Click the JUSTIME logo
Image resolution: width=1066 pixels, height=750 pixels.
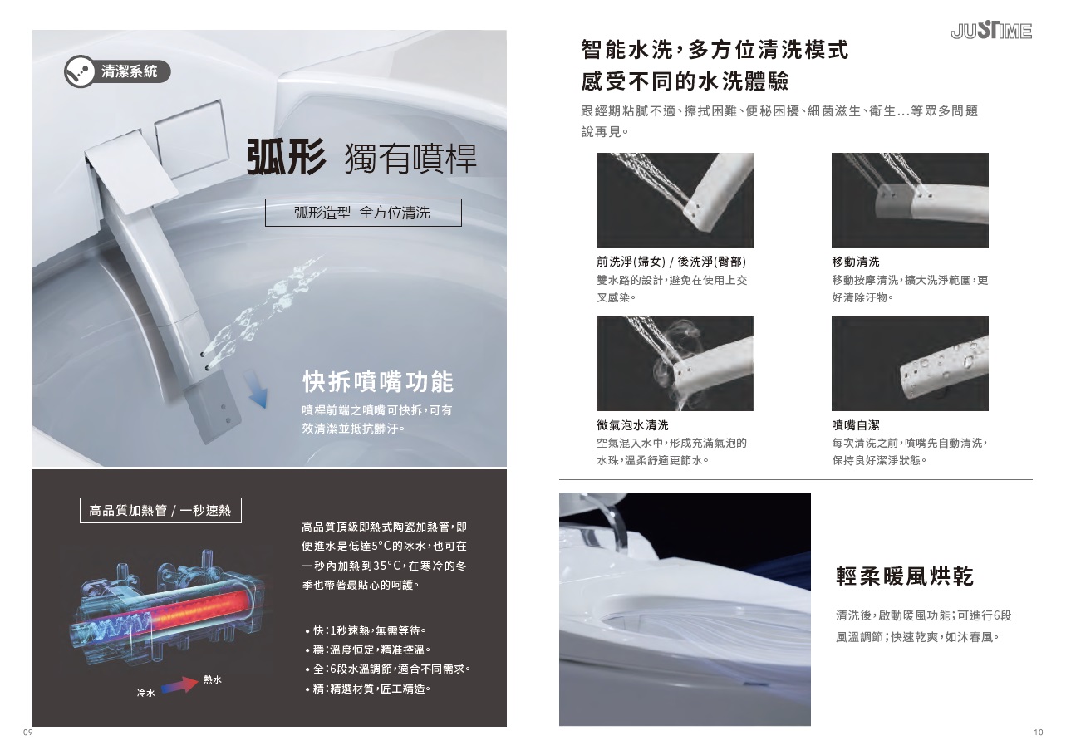[991, 31]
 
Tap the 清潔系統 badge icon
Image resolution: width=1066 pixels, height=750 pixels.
[80, 71]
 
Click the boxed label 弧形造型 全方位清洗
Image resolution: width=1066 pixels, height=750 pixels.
[363, 213]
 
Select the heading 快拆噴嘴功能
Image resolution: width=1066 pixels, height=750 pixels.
[378, 382]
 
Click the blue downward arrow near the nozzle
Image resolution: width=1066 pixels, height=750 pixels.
[255, 389]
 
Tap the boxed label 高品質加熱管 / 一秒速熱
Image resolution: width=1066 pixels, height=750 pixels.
[160, 510]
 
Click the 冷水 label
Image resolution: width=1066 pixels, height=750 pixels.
[145, 693]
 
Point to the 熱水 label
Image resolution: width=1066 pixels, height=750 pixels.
[212, 679]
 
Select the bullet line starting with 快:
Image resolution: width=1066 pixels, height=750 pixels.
[366, 630]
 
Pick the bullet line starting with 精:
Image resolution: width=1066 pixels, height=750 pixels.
[368, 689]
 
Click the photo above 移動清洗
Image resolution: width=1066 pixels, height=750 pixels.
[910, 199]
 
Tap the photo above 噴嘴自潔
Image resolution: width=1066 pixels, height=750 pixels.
[910, 363]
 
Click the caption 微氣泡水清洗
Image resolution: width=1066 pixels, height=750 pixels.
[632, 424]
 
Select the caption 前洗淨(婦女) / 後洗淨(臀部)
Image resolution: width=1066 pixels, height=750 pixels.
[671, 262]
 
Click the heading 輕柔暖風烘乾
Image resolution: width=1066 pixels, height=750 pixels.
[905, 576]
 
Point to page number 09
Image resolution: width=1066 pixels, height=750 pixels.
[28, 733]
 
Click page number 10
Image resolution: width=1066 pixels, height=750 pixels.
[1038, 733]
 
